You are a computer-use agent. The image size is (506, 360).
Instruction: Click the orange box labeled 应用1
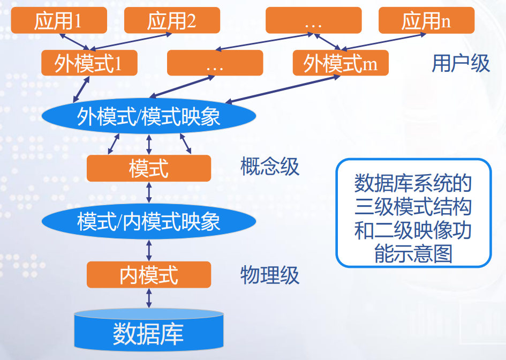coord(58,20)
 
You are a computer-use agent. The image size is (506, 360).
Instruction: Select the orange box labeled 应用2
coord(171,20)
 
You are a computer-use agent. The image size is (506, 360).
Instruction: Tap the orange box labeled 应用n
coord(426,20)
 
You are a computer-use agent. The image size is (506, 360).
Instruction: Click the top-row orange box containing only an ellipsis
coord(313,20)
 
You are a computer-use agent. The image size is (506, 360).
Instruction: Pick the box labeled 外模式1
coord(89,63)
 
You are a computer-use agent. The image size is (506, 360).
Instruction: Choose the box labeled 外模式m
coord(340,63)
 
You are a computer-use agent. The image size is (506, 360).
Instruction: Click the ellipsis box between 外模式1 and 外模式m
coord(215,63)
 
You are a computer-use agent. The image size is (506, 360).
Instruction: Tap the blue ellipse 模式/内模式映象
coord(149,221)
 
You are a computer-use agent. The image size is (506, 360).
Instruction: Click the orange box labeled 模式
coord(149,168)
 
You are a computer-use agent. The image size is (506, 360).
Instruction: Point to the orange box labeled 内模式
coord(149,275)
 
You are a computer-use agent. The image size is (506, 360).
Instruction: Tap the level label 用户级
coord(460,63)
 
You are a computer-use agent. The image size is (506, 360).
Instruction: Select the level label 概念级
coord(269,167)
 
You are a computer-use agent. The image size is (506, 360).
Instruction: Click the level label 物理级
coord(269,275)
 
